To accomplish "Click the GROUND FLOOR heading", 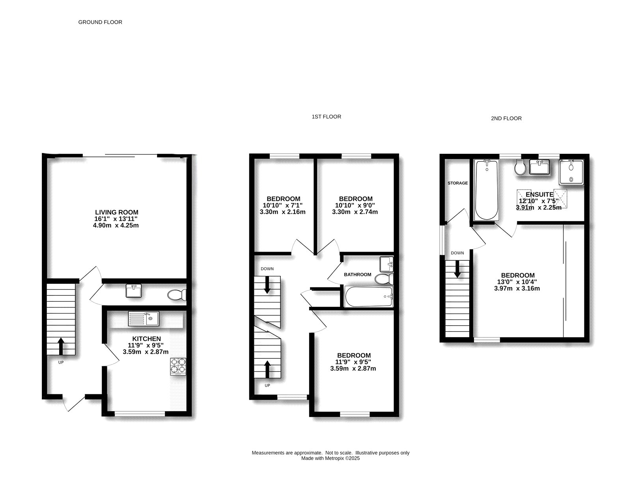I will pyautogui.click(x=100, y=22).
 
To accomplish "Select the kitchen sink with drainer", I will pyautogui.click(x=143, y=319).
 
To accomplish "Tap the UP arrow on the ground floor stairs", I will pyautogui.click(x=61, y=346).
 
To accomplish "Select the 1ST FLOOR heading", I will pyautogui.click(x=326, y=117).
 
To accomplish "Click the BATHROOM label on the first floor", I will pyautogui.click(x=357, y=274).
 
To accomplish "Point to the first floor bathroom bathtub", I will pyautogui.click(x=369, y=297).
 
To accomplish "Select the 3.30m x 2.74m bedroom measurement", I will pyautogui.click(x=355, y=212).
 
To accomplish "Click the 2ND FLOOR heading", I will pyautogui.click(x=506, y=118).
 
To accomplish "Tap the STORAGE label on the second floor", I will pyautogui.click(x=457, y=183).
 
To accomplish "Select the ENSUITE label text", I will pyautogui.click(x=539, y=194).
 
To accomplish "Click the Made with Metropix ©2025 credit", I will pyautogui.click(x=330, y=458).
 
